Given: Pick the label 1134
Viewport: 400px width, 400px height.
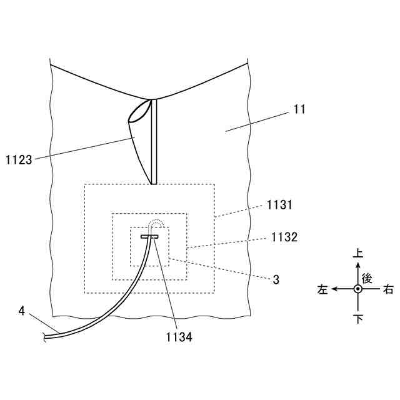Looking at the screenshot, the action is click(x=179, y=338).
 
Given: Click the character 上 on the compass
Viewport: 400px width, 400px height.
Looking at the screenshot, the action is click(x=357, y=254).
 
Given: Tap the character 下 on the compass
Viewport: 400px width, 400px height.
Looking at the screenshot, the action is click(x=357, y=319).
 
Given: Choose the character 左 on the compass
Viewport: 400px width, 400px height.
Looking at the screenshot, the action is click(x=322, y=289).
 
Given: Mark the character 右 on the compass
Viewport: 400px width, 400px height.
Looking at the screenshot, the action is click(x=388, y=289).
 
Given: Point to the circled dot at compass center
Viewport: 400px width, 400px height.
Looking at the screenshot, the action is click(x=357, y=289).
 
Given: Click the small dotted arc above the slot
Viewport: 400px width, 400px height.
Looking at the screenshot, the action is click(x=154, y=224).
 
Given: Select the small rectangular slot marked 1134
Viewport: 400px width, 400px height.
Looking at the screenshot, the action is click(x=150, y=236).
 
